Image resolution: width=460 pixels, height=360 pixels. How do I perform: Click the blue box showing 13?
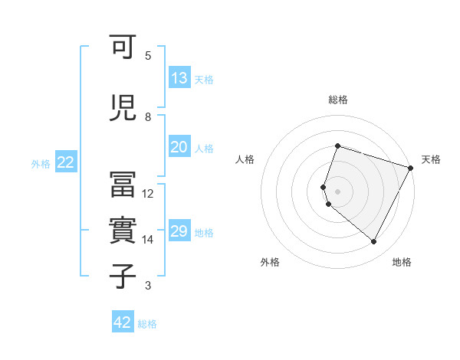coord(179,78)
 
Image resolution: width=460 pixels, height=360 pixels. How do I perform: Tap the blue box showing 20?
coord(179,148)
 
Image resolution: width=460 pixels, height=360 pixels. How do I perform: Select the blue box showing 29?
coord(179,231)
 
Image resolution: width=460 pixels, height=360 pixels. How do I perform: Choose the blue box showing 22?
coord(66,162)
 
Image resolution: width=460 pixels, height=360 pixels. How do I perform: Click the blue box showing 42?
coord(123,322)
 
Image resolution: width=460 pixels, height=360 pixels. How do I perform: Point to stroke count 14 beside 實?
coord(148,240)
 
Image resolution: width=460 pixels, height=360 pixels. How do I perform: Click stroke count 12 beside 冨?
coord(148,194)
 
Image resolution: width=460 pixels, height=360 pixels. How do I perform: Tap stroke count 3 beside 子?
coord(147,286)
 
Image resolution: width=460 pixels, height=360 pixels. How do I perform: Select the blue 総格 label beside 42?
coord(147,324)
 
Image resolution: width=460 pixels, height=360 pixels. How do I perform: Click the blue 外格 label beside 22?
coord(41,163)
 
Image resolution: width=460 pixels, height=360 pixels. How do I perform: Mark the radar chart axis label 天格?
coord(431,159)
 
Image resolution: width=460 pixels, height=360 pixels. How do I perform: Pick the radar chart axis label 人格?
coord(245,159)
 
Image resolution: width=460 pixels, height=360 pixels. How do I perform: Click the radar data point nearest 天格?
coord(411,167)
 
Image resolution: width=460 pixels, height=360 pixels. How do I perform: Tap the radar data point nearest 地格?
coord(373,242)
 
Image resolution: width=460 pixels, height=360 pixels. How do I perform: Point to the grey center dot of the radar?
coord(338,191)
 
